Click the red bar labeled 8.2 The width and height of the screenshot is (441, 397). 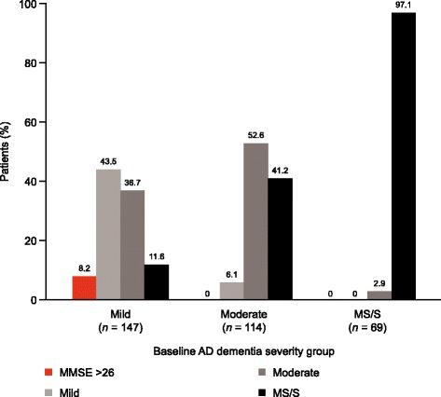(x=85, y=288)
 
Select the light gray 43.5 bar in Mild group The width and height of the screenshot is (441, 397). (x=108, y=235)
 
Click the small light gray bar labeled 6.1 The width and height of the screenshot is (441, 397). (x=229, y=291)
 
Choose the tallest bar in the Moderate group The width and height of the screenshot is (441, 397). (x=254, y=222)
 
